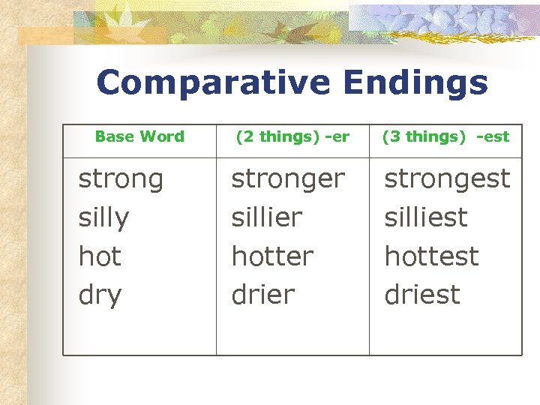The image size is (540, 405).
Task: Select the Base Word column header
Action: click(139, 136)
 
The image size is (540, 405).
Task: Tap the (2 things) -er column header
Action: click(292, 136)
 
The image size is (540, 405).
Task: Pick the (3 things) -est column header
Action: click(445, 136)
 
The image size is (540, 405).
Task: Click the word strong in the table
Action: click(121, 179)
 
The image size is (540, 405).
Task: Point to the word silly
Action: click(103, 218)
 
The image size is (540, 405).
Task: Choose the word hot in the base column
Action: click(100, 256)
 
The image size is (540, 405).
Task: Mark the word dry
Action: click(100, 295)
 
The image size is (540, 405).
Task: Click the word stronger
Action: click(288, 179)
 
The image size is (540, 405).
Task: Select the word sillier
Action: click(267, 218)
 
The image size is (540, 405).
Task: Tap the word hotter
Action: click(272, 256)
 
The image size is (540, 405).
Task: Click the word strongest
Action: click(447, 179)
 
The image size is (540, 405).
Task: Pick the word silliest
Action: click(426, 218)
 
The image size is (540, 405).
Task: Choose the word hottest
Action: click(431, 256)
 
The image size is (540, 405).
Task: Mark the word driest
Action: click(422, 295)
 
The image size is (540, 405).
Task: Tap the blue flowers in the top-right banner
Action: click(457, 19)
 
